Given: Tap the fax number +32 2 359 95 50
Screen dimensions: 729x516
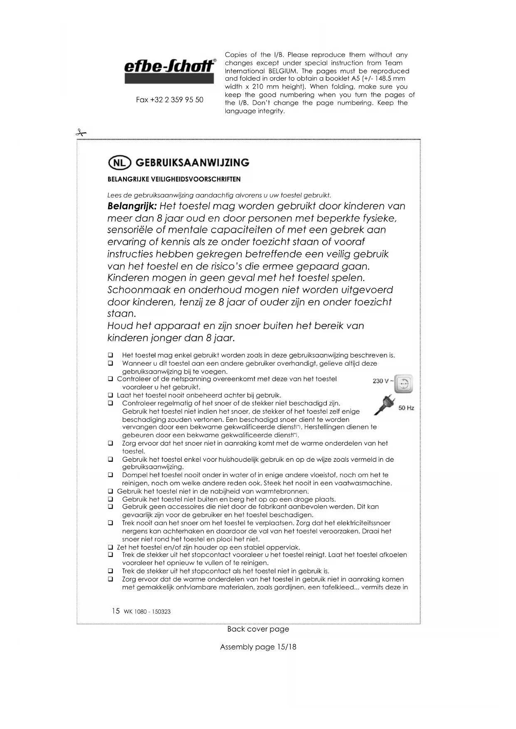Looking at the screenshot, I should [170, 100].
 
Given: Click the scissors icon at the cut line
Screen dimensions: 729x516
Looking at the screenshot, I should [81, 133].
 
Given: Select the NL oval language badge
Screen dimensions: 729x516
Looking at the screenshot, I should [119, 163].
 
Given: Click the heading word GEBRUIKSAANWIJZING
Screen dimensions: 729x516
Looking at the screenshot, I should [193, 163].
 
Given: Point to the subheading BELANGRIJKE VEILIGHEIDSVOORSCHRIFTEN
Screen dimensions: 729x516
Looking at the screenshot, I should [174, 180].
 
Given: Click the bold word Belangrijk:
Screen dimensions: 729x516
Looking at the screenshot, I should [132, 206].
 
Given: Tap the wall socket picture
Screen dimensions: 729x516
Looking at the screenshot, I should [403, 383].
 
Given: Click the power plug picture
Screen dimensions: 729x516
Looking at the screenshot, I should [384, 404].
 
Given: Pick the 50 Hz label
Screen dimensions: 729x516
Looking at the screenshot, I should [406, 408].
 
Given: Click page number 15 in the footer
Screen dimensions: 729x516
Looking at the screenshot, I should [116, 611].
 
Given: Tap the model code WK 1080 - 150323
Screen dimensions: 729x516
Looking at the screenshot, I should [147, 612].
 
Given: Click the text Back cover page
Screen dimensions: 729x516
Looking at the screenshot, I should [258, 629].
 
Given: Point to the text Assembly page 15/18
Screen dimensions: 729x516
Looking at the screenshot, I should [258, 647].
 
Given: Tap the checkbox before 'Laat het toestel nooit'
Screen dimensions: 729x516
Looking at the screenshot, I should [111, 395].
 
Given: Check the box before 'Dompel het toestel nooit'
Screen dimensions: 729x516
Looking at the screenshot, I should [111, 475].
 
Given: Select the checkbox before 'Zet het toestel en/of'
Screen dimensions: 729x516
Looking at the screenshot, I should [111, 547].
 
